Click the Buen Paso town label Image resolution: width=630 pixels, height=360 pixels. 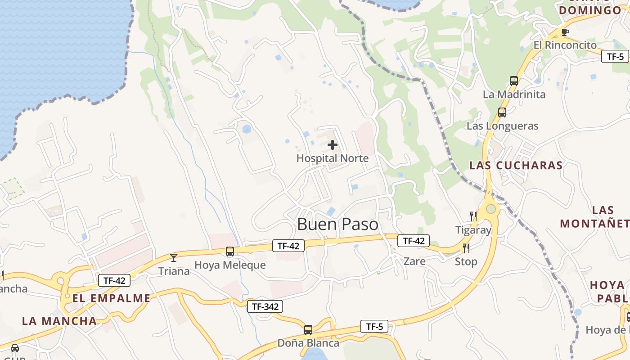(337, 224)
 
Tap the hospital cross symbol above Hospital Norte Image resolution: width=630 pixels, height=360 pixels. (333, 145)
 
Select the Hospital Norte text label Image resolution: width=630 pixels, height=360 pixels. (333, 158)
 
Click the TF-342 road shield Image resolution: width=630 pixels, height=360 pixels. (265, 307)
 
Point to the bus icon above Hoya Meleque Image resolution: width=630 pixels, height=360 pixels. (230, 252)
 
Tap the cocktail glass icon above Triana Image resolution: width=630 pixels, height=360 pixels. (174, 258)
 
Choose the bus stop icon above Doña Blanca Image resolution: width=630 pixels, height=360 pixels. (308, 330)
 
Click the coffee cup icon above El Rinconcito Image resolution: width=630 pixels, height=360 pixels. (565, 32)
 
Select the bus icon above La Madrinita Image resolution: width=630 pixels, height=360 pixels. (514, 81)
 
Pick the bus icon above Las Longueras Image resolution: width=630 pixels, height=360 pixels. (502, 112)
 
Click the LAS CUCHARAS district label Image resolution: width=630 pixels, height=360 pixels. (516, 165)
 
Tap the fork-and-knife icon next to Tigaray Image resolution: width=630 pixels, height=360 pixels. (473, 216)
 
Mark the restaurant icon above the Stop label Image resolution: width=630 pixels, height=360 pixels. (466, 248)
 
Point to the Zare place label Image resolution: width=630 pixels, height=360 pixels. (414, 261)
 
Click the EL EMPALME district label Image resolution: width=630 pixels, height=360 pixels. (111, 298)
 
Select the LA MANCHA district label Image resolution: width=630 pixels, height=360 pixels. (59, 321)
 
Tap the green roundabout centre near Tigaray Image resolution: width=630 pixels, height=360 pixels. (491, 209)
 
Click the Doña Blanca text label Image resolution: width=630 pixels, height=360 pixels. (308, 343)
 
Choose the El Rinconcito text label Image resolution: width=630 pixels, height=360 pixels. (565, 45)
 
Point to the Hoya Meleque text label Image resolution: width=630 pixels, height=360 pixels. (230, 265)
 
